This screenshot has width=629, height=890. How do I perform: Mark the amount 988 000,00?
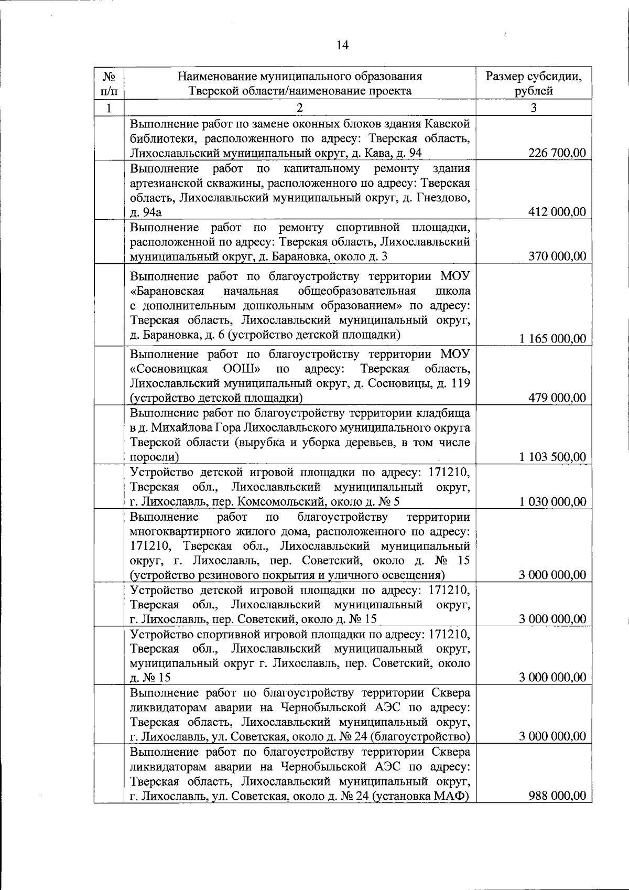pos(558,796)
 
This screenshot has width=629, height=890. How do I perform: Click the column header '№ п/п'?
pos(109,83)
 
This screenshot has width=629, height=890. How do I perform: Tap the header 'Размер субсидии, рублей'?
pos(533,83)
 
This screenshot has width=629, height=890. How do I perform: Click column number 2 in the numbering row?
pos(299,108)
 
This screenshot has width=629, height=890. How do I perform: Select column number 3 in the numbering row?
pos(533,108)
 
